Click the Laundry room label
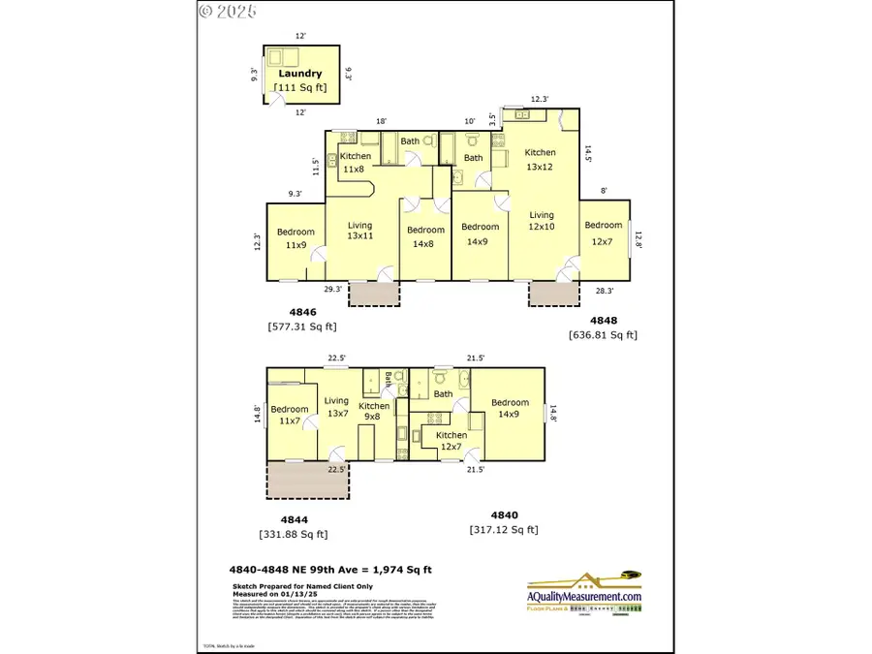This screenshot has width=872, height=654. pyautogui.click(x=299, y=74)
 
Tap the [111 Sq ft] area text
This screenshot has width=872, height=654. pyautogui.click(x=300, y=88)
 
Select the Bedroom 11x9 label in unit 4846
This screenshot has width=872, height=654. pyautogui.click(x=296, y=238)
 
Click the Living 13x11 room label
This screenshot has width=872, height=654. pyautogui.click(x=359, y=232)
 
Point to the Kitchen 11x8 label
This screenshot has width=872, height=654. pyautogui.click(x=356, y=163)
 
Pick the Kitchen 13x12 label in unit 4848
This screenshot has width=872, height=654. pyautogui.click(x=540, y=159)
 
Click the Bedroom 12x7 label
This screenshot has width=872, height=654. pyautogui.click(x=603, y=233)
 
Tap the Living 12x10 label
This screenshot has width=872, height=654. pyautogui.click(x=541, y=221)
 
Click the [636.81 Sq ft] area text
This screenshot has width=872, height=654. pyautogui.click(x=603, y=335)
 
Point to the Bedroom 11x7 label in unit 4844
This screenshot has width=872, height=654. pyautogui.click(x=289, y=415)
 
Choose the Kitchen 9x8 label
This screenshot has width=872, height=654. pyautogui.click(x=374, y=412)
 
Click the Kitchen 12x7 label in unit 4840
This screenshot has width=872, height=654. pyautogui.click(x=451, y=441)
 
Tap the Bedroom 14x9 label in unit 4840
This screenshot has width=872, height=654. pyautogui.click(x=510, y=409)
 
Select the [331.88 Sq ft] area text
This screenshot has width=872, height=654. pyautogui.click(x=294, y=534)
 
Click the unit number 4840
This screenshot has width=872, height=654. pyautogui.click(x=505, y=515)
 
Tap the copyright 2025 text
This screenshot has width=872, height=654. pyautogui.click(x=228, y=12)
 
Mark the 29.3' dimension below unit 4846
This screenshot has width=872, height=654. pyautogui.click(x=332, y=289)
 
